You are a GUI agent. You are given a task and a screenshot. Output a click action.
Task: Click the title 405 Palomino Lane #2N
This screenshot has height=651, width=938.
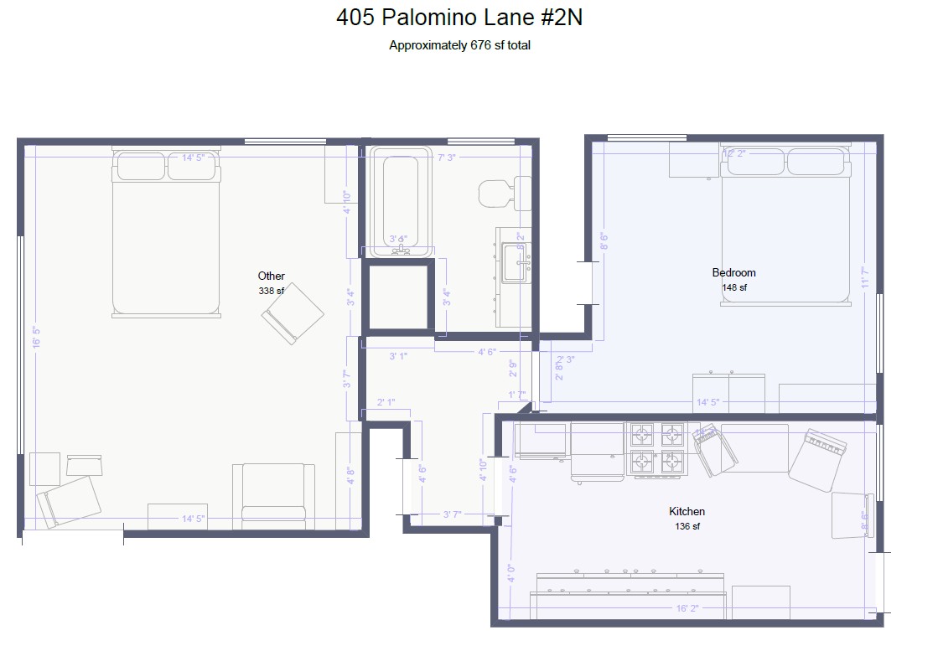459,18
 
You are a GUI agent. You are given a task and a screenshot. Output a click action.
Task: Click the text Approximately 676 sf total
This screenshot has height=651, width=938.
459,46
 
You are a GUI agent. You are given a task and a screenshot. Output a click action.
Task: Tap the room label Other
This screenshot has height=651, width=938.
271,276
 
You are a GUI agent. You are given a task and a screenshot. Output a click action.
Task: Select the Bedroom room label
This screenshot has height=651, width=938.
733,272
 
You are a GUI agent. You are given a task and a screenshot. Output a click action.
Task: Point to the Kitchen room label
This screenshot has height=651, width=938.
687,511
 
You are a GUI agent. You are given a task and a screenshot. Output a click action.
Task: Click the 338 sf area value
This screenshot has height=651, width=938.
271,291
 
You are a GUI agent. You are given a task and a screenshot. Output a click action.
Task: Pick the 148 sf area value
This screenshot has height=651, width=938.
733,287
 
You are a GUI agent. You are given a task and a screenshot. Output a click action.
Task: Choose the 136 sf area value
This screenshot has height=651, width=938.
687,526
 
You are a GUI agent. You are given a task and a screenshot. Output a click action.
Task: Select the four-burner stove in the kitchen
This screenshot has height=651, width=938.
657,448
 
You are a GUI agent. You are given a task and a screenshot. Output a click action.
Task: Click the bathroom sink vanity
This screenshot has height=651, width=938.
515,276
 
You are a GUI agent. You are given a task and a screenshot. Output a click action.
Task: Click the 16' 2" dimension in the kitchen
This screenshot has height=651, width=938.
687,609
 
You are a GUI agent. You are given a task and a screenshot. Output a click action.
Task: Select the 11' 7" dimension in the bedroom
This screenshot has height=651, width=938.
864,277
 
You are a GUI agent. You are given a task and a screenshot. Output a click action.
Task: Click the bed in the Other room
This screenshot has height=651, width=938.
166,235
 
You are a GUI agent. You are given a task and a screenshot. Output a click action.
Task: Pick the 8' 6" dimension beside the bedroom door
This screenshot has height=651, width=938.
602,241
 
